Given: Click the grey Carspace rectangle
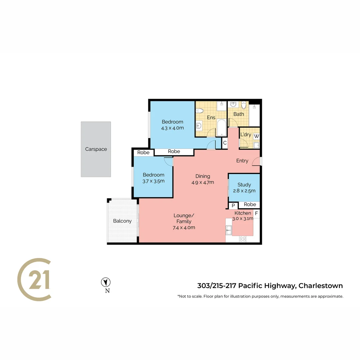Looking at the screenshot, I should click(96, 149).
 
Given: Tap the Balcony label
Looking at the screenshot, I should click(122, 221).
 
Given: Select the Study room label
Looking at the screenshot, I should click(244, 185).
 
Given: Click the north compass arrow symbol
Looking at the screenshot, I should click(106, 282).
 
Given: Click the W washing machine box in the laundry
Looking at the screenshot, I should click(256, 136).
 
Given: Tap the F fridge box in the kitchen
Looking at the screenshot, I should click(256, 213).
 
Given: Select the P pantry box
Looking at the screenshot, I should click(233, 205).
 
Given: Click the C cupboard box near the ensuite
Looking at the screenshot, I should click(225, 143).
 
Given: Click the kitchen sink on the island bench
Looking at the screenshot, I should click(229, 230).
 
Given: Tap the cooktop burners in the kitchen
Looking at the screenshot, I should click(243, 239).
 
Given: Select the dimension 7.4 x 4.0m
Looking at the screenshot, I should click(184, 228).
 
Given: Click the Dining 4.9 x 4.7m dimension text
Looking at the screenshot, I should click(203, 182).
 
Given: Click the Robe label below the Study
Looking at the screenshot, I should click(250, 204).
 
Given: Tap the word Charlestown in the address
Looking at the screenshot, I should click(320, 286).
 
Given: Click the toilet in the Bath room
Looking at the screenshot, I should click(244, 105).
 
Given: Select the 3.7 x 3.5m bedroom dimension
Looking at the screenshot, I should click(153, 181).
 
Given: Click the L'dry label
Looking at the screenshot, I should click(246, 135).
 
